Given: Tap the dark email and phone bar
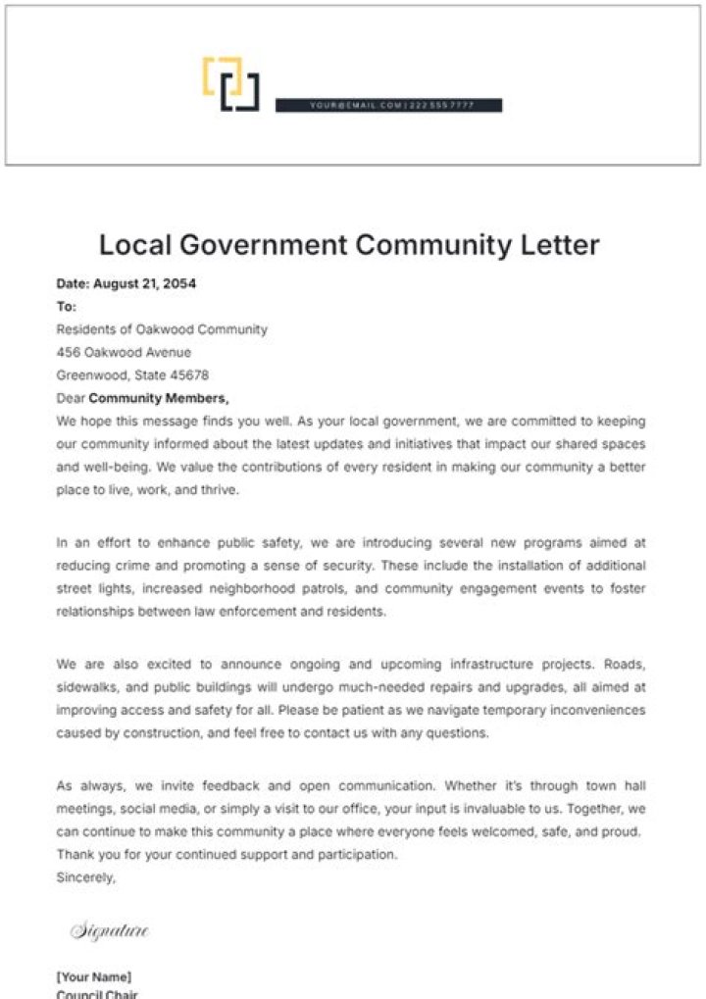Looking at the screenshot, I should click(x=388, y=105).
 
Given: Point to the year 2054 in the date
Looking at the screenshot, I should click(x=179, y=284).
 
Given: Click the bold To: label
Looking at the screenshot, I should click(x=66, y=307).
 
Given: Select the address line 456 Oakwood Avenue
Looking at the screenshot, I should click(x=124, y=352).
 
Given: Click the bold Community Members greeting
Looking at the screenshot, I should click(x=158, y=398).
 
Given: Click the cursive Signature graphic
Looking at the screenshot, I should click(x=109, y=930).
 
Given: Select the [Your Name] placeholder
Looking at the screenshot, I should click(x=93, y=977).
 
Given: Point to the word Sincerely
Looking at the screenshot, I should click(x=85, y=877).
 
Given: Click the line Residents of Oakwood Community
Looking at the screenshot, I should click(x=162, y=329).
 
